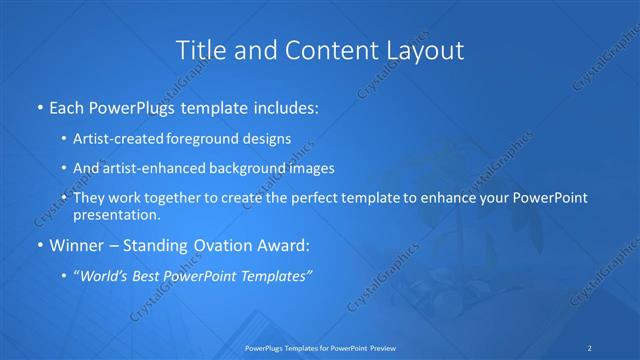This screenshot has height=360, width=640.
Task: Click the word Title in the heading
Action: point(200,50)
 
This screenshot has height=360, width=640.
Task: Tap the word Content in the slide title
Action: point(325,50)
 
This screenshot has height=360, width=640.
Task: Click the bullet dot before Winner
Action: point(39,243)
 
